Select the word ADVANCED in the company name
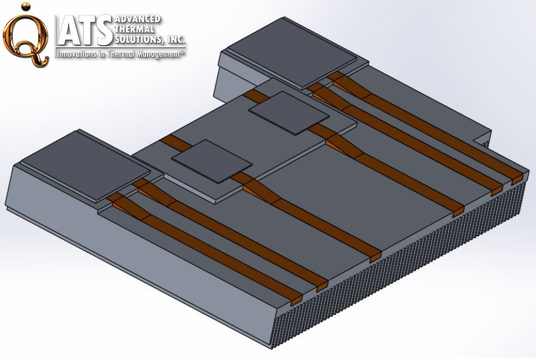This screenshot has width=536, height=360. [x=137, y=20]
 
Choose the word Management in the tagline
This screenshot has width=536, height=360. [x=157, y=54]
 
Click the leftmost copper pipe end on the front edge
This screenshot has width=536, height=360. [x=296, y=300]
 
